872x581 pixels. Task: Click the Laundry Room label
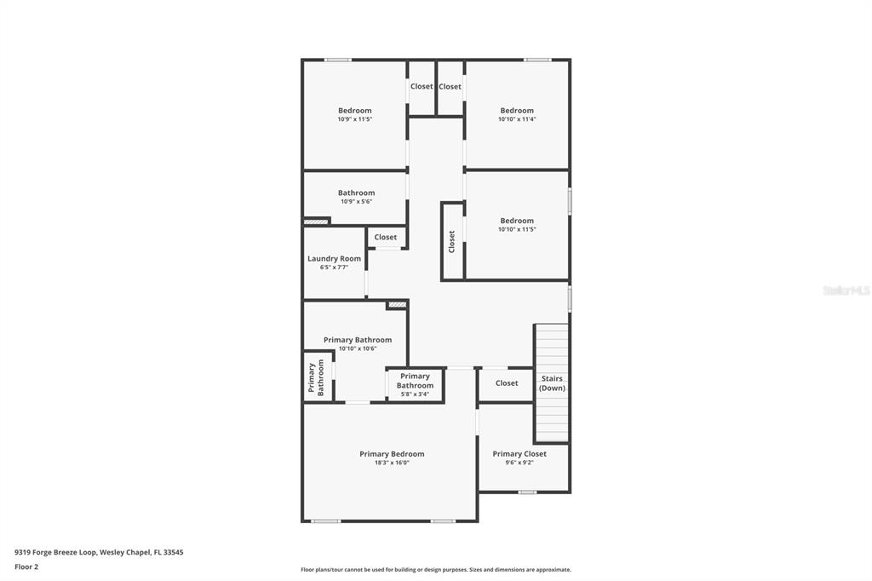tap(334, 258)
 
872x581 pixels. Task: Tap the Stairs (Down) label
tap(552, 383)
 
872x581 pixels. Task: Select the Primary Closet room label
tap(519, 454)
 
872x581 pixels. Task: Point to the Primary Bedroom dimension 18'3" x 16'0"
tap(392, 463)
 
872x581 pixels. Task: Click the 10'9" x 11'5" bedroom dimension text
tap(354, 119)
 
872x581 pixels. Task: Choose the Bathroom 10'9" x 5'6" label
tap(356, 193)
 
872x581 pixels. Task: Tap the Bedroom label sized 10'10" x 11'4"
tap(517, 111)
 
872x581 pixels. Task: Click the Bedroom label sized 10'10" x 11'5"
tap(517, 221)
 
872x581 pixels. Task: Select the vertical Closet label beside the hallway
tap(452, 241)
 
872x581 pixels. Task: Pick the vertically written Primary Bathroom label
tap(316, 378)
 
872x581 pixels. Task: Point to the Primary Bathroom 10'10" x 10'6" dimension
tap(358, 348)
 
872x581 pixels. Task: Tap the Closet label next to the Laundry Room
tap(386, 238)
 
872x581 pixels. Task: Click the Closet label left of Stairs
tap(507, 383)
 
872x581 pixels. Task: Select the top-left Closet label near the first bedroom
tap(422, 87)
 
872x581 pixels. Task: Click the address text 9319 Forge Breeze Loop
tap(99, 552)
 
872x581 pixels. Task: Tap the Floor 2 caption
tap(26, 567)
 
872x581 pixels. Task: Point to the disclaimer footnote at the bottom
tap(435, 570)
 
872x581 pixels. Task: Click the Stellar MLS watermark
tap(846, 290)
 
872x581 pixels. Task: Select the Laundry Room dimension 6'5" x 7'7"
tap(334, 267)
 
